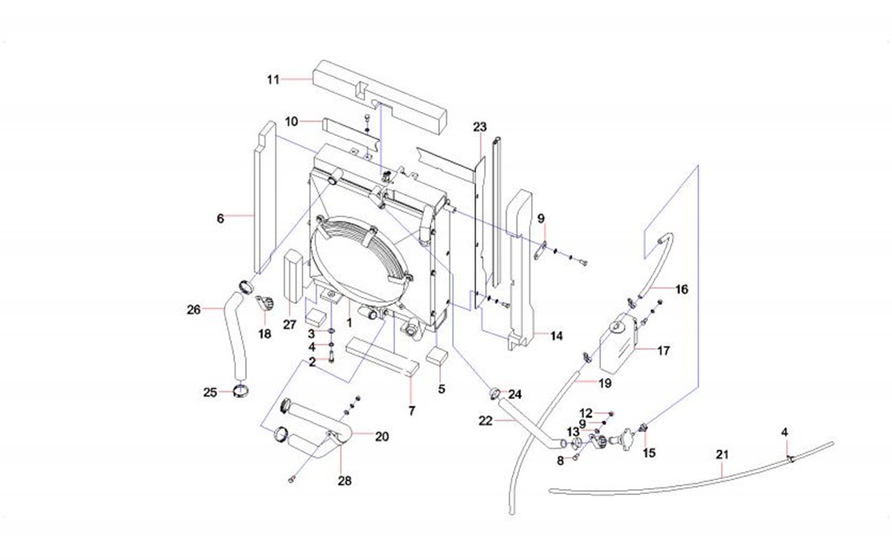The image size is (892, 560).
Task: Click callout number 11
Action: (x=273, y=80)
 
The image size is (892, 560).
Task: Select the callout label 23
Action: (x=479, y=127)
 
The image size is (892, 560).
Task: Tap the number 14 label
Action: (x=556, y=336)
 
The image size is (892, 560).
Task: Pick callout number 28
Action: (x=344, y=481)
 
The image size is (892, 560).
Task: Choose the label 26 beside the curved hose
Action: (x=193, y=309)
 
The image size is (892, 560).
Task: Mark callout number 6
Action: (x=220, y=219)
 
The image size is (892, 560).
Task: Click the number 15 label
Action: (x=649, y=452)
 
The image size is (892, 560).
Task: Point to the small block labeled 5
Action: (x=439, y=356)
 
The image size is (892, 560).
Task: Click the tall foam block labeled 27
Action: (x=293, y=274)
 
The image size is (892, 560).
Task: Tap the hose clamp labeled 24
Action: (x=495, y=394)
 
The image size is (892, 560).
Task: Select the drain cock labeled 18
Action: (x=266, y=303)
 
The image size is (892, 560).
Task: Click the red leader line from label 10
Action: (x=311, y=121)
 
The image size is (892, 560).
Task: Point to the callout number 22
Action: (x=485, y=420)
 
